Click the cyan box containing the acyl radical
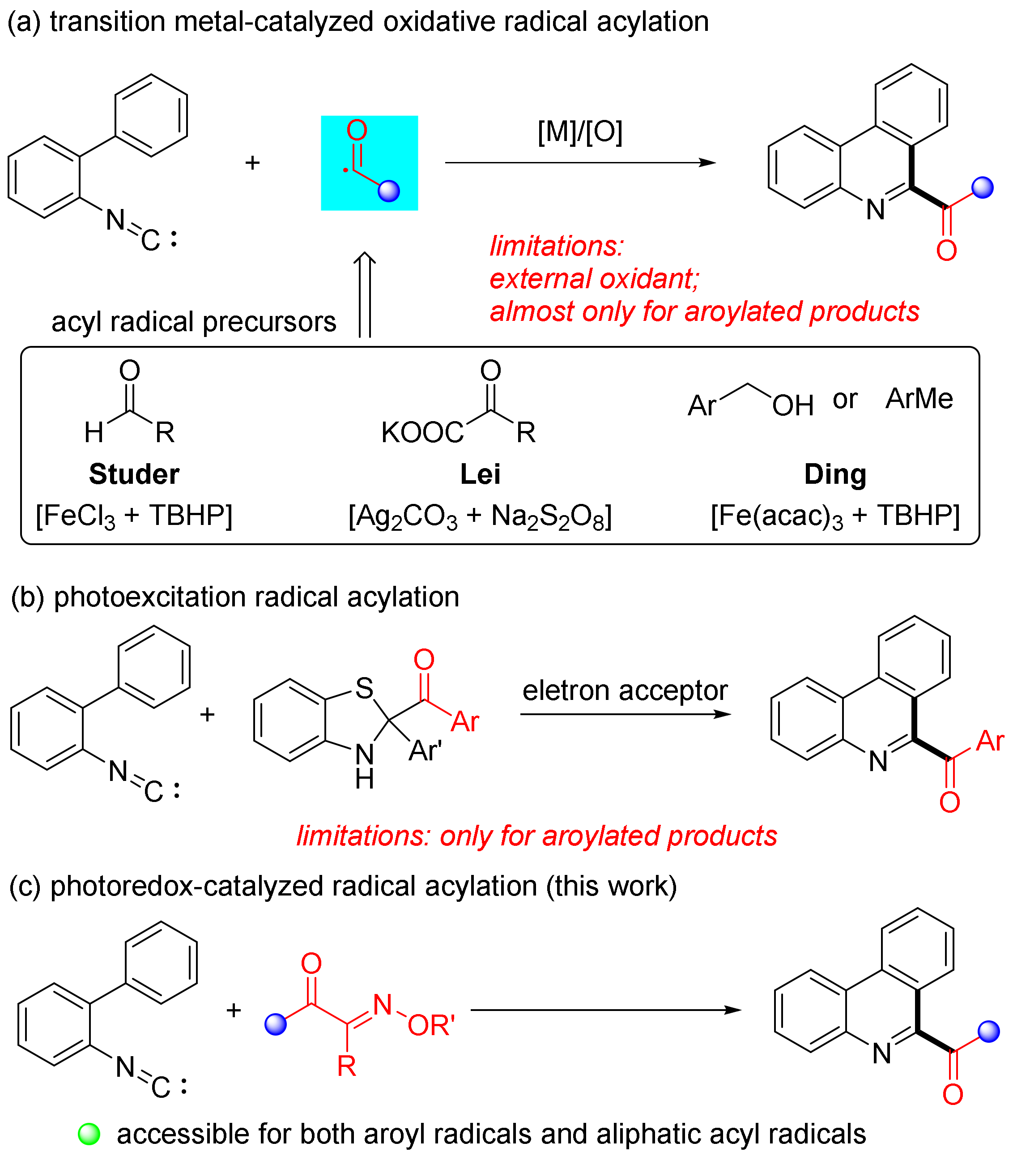[x=369, y=163]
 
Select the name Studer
[x=134, y=474]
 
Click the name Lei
[x=480, y=474]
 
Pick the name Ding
[x=835, y=474]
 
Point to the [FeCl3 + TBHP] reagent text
[x=134, y=516]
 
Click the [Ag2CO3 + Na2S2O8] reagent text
[x=480, y=516]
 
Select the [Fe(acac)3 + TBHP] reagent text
[x=835, y=516]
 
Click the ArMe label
[x=919, y=399]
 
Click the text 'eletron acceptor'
[x=625, y=690]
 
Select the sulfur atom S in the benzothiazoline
[x=364, y=688]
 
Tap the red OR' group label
[x=431, y=1025]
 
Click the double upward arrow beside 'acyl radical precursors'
[x=365, y=295]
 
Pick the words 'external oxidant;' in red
[x=595, y=279]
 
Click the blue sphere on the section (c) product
[x=988, y=1031]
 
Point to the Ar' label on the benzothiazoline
[x=425, y=751]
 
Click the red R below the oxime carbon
[x=346, y=1066]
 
